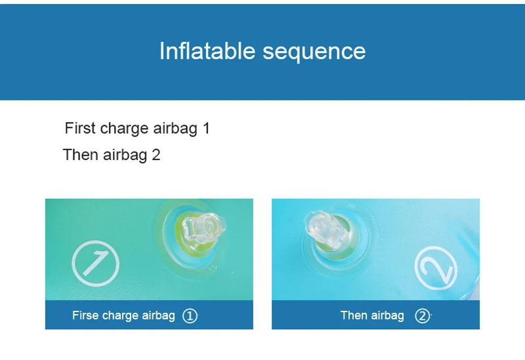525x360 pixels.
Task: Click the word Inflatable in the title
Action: click(x=207, y=51)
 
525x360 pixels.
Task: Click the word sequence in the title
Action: click(x=314, y=52)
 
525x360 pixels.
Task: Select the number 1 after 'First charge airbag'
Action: click(x=206, y=128)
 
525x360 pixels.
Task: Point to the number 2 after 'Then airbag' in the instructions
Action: click(x=156, y=155)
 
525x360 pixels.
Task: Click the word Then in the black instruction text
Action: click(x=80, y=155)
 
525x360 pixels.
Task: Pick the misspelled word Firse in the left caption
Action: click(x=85, y=315)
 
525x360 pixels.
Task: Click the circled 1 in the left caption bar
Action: click(x=190, y=316)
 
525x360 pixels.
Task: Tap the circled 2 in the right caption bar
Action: click(x=422, y=316)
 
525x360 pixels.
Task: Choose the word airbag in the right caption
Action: click(x=387, y=316)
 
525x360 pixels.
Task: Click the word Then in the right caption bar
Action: click(x=354, y=315)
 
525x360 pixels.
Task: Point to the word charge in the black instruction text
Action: click(x=124, y=129)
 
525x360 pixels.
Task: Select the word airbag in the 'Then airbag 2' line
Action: click(x=125, y=155)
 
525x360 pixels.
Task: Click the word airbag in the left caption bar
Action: click(x=158, y=316)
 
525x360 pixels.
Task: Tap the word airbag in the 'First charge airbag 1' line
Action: click(x=175, y=129)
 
